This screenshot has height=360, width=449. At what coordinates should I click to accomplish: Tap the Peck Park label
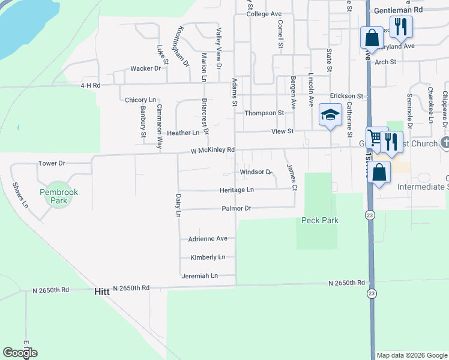click(319, 220)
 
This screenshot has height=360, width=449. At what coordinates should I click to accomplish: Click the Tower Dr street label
click(51, 163)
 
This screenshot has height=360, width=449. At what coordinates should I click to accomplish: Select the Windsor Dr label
click(256, 172)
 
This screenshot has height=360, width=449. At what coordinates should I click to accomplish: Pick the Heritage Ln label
click(237, 190)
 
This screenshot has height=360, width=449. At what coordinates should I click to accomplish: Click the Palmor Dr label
click(235, 208)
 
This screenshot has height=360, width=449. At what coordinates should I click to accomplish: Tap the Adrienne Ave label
click(208, 238)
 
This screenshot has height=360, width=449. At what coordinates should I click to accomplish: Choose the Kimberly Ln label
click(208, 257)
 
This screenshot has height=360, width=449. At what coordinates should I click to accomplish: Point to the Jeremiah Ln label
click(200, 276)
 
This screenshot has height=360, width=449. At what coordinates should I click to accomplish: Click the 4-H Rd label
click(90, 86)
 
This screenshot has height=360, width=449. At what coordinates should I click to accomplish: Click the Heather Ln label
click(182, 133)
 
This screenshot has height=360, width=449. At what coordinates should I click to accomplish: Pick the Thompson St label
click(264, 113)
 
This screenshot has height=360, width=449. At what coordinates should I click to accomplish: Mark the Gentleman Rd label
click(398, 10)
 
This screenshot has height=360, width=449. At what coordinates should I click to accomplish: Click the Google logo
click(20, 353)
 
